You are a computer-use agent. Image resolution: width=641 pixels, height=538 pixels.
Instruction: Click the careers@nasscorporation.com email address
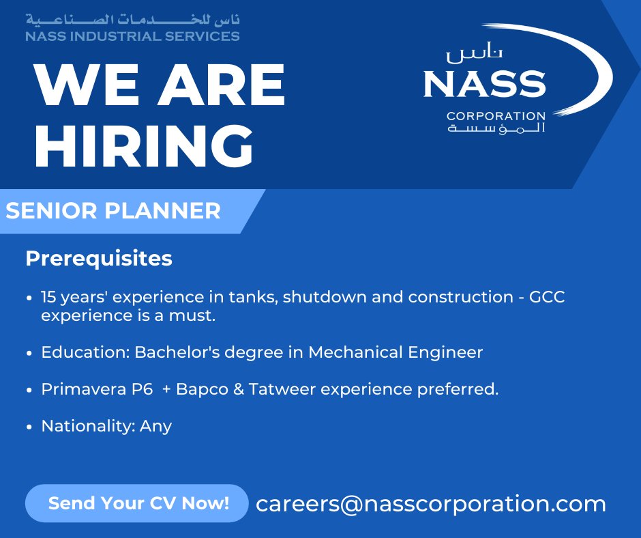[x=431, y=504]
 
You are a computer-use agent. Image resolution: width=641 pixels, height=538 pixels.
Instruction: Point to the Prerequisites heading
[x=99, y=259]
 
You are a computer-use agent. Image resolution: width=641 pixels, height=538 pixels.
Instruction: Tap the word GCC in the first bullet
[x=548, y=298]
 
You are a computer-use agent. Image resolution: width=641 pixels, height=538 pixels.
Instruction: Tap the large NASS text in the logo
[x=484, y=84]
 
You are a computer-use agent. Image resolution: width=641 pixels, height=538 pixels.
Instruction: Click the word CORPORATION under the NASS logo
[x=496, y=115]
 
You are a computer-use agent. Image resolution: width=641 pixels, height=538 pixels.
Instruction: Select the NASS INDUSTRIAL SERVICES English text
[x=132, y=36]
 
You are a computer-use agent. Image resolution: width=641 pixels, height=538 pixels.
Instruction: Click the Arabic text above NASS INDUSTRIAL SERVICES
[x=132, y=18]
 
